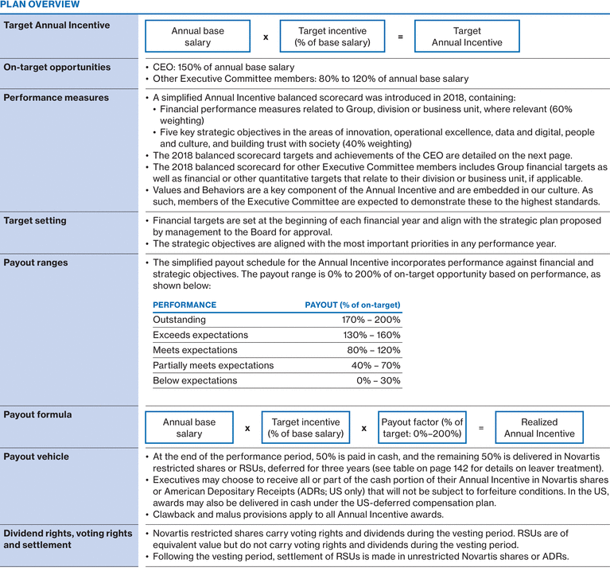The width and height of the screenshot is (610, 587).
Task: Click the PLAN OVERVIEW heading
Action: pyautogui.click(x=40, y=5)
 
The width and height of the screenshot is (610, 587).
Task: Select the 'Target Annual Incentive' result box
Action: pyautogui.click(x=467, y=37)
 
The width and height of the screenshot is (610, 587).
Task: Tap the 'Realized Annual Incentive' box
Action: pyautogui.click(x=538, y=428)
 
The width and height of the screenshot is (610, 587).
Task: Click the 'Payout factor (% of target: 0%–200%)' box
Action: pyautogui.click(x=422, y=428)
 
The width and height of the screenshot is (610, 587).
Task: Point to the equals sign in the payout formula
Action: pyautogui.click(x=480, y=428)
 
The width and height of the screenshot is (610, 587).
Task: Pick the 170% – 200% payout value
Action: pyautogui.click(x=371, y=320)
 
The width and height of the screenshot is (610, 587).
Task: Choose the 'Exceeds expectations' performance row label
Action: pyautogui.click(x=200, y=335)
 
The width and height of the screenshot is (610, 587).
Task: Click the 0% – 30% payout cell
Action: pyautogui.click(x=378, y=380)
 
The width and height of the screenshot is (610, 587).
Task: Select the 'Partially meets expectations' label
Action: pyautogui.click(x=213, y=365)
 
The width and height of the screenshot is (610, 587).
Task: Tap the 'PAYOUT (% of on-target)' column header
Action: pyautogui.click(x=352, y=305)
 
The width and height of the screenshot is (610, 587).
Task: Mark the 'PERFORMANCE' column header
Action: pyautogui.click(x=185, y=305)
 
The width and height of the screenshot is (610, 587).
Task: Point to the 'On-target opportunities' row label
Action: pyautogui.click(x=57, y=68)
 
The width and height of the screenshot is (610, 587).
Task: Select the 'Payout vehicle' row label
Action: pyautogui.click(x=36, y=457)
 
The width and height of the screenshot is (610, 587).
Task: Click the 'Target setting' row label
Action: pyautogui.click(x=35, y=220)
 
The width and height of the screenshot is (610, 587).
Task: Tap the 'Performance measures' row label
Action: pyautogui.click(x=56, y=98)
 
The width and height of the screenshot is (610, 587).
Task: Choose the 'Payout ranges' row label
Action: pyautogui.click(x=36, y=262)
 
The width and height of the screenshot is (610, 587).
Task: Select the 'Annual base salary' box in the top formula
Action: pyautogui.click(x=198, y=37)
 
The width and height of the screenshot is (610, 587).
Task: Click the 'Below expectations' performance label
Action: pyautogui.click(x=195, y=380)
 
